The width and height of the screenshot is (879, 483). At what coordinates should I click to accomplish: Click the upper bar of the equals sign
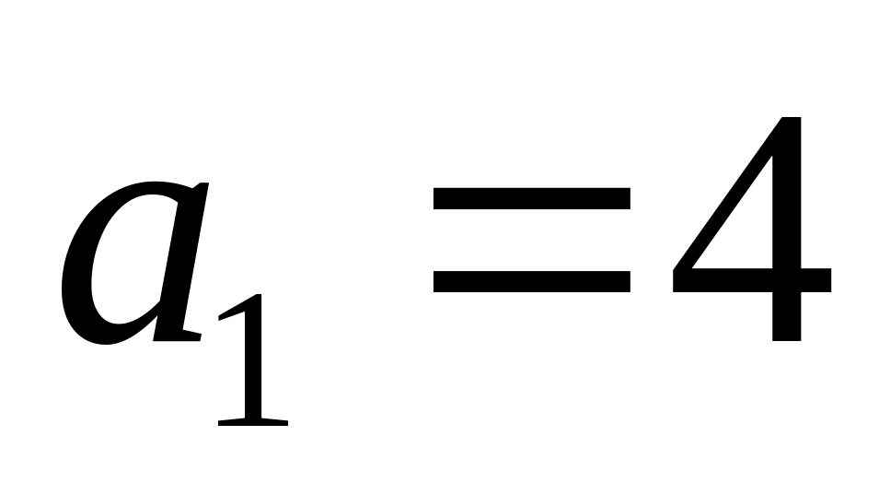(x=531, y=197)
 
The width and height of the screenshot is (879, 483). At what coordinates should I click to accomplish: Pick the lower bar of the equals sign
(x=531, y=280)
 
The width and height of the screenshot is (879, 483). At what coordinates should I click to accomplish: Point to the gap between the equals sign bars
(x=531, y=239)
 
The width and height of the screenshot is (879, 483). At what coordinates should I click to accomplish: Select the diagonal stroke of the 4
(x=727, y=194)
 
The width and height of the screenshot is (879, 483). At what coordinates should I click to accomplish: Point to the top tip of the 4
(x=792, y=120)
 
